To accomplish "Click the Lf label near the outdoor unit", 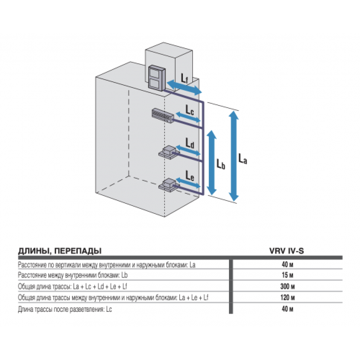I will click(x=184, y=77).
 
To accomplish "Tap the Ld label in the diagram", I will click(x=190, y=144).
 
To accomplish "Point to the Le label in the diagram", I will click(x=190, y=175).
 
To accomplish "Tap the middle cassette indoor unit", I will click(x=168, y=152).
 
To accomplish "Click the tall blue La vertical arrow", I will click(x=234, y=156).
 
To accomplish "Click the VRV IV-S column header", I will click(x=286, y=251).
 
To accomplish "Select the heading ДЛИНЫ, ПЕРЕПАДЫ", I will click(x=60, y=251).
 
